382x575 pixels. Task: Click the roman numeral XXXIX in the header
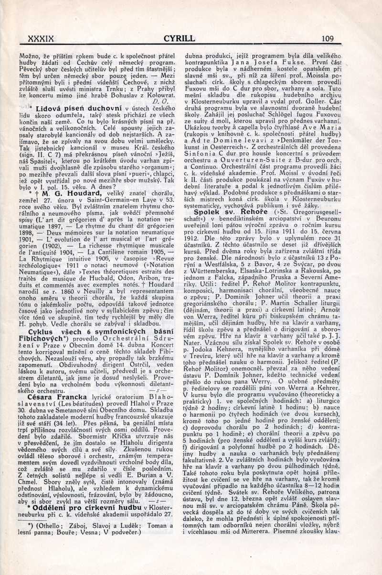click(x=42, y=39)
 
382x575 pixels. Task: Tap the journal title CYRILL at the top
click(x=179, y=39)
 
